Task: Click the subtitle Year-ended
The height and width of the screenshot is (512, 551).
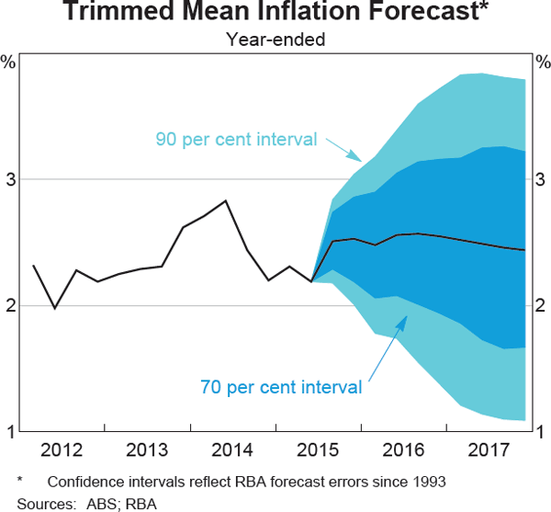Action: (275, 40)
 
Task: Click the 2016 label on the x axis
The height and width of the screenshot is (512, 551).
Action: (403, 449)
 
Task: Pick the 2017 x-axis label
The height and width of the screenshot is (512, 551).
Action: (488, 449)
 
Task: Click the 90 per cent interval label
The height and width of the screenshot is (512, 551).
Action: (237, 140)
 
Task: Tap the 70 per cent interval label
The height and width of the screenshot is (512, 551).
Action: (281, 387)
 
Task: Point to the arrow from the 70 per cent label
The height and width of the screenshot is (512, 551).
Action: (386, 347)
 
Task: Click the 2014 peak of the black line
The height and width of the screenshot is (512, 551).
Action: (226, 200)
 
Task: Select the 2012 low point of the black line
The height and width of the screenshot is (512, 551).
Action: (54, 308)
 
